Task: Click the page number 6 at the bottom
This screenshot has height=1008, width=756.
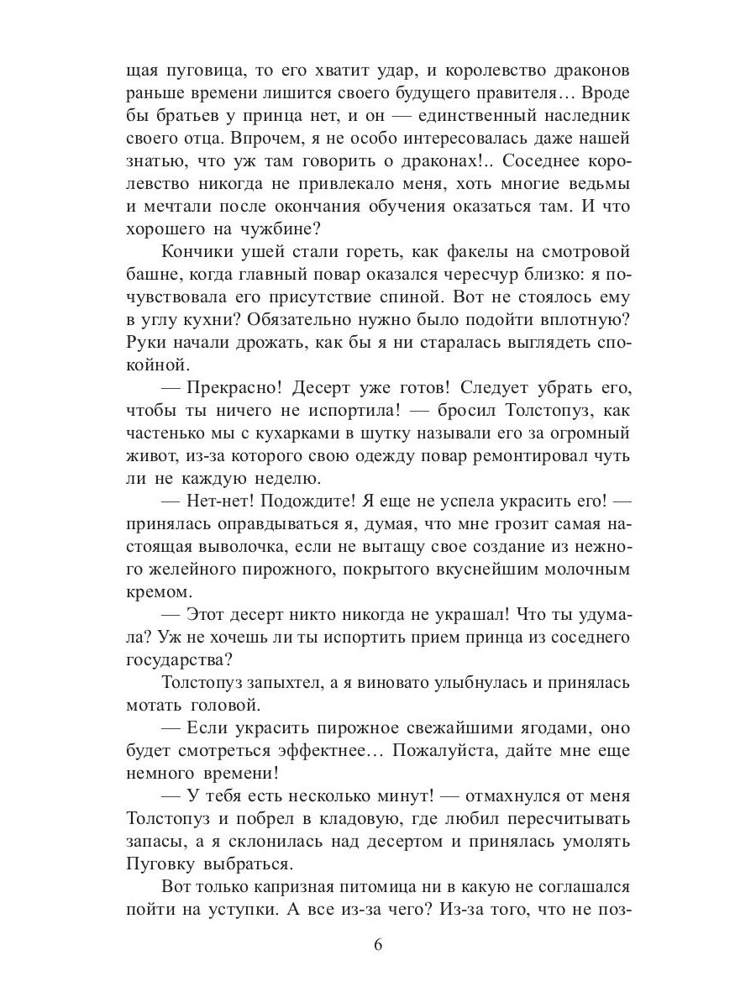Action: [378, 945]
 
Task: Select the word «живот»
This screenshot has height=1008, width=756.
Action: [150, 456]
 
